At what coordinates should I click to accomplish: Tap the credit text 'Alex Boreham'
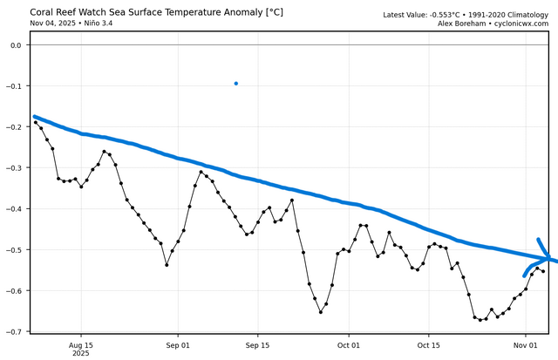(463, 24)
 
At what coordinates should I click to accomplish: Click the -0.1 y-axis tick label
(15, 86)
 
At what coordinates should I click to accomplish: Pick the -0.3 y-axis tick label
(15, 168)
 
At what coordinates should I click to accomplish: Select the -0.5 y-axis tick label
(15, 250)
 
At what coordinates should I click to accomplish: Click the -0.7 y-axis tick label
(15, 332)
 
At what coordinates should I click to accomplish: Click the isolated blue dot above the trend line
(236, 84)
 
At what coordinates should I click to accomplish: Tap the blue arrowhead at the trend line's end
(546, 257)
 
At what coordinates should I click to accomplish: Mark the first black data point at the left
(36, 123)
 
